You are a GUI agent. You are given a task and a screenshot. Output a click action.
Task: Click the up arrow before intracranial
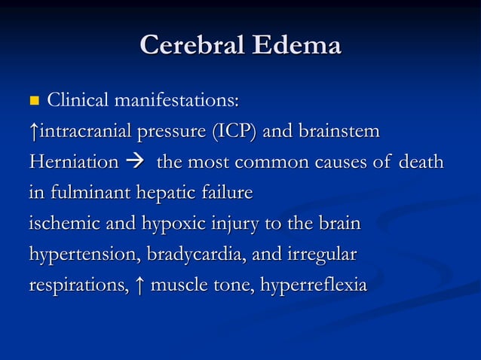click(33, 132)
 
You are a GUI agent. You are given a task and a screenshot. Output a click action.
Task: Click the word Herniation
click(74, 163)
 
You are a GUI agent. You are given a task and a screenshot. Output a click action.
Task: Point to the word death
click(421, 163)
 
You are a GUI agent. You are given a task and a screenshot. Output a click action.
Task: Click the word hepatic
click(164, 194)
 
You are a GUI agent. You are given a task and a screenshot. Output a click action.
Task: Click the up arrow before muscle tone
click(141, 286)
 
